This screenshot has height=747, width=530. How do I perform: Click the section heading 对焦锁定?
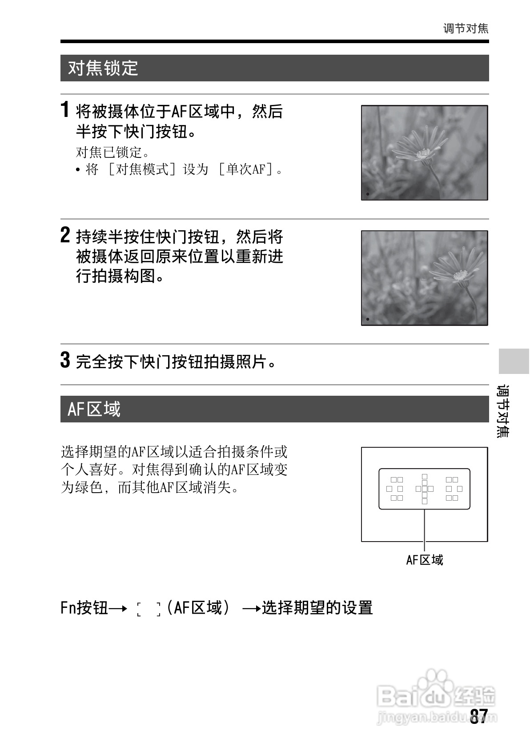pos(103,68)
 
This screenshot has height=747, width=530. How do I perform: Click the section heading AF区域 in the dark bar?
pos(94,409)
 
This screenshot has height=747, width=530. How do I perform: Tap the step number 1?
pos(65,110)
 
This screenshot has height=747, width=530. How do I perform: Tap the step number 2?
pos(65,235)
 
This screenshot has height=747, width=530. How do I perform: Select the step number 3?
pos(65,360)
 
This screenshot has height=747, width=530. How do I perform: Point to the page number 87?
pos(479,716)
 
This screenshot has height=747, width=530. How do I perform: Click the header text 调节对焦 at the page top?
pos(466,28)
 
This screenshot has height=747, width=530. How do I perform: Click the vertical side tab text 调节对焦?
pos(503,411)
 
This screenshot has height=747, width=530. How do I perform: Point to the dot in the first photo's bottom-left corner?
pos(368,194)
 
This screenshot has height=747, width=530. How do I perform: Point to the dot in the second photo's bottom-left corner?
pos(368,319)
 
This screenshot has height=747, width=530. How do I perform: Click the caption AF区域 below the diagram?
pos(425,560)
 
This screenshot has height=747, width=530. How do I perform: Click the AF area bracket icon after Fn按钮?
pos(149,609)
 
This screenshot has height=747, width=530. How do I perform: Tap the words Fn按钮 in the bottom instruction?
pos(84,608)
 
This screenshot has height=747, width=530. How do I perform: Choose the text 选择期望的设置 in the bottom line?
pos(317,608)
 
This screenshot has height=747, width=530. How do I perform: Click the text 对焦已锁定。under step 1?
pos(109,152)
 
